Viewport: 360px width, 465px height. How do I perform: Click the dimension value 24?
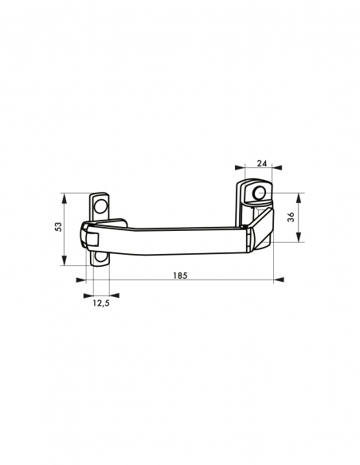click(262, 163)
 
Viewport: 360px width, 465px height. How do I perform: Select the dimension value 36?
click(292, 217)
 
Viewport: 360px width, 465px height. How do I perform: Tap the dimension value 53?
click(59, 227)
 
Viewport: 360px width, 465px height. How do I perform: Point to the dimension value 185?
click(180, 275)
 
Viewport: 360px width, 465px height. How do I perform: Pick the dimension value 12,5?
click(101, 303)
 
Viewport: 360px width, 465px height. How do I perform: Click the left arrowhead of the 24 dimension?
click(240, 168)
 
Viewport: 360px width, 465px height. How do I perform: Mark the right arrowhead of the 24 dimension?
click(277, 168)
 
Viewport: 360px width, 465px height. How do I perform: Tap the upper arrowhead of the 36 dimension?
click(299, 198)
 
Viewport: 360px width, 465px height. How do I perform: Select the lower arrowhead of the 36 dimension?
click(299, 237)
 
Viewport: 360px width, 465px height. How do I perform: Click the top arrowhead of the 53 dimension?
click(64, 198)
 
